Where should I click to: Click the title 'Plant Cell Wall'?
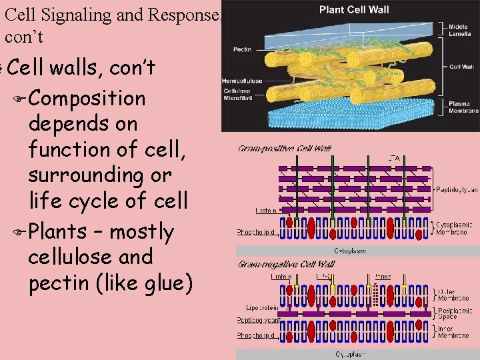(x=354, y=9)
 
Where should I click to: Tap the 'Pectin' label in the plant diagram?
(x=242, y=49)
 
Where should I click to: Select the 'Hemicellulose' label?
(x=242, y=81)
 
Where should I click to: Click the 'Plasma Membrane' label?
(x=463, y=107)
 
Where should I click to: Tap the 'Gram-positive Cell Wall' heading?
(x=285, y=149)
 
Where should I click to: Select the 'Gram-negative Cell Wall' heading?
(x=286, y=265)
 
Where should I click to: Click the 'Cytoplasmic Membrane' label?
(x=453, y=228)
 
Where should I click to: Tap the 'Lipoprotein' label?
(x=262, y=308)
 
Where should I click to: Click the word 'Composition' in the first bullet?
(x=87, y=98)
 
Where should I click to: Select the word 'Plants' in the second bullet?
(x=57, y=231)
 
